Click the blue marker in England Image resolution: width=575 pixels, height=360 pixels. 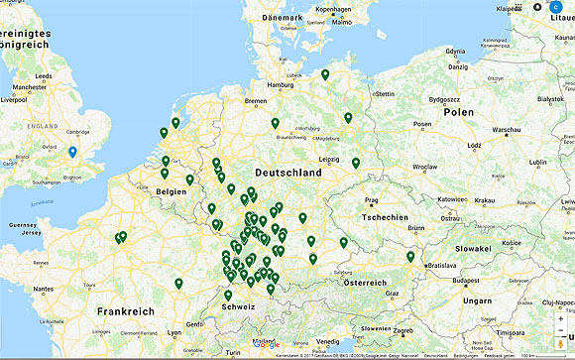point(72,153)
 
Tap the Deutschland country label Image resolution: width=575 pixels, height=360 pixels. point(287,173)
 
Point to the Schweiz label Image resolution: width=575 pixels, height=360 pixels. point(239,307)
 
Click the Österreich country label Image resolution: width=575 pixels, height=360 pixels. point(365,283)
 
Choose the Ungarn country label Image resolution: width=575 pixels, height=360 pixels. point(476,300)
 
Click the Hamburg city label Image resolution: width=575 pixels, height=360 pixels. point(281,84)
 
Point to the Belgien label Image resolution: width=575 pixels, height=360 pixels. point(172,190)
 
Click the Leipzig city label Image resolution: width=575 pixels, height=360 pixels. point(329,159)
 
